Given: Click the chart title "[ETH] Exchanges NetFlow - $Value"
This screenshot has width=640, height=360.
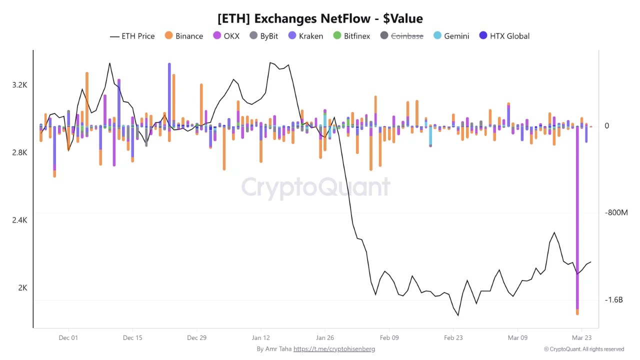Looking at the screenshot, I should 320,18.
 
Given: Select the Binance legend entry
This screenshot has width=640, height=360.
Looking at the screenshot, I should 183,36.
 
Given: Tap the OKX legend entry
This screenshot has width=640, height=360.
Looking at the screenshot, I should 226,36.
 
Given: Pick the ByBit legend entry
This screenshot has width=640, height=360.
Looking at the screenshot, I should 263,36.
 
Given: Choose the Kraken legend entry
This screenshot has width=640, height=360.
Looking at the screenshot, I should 305,36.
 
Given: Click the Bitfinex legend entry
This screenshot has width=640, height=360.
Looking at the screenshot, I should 351,36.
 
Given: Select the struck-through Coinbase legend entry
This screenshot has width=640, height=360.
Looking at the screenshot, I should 401,36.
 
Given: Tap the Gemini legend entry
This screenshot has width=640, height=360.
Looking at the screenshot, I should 451,36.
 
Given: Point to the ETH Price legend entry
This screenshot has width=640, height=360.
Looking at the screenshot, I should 132,36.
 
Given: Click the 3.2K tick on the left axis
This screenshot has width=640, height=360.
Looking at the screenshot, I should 19,85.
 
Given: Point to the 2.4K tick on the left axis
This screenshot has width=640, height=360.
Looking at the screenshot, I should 19,220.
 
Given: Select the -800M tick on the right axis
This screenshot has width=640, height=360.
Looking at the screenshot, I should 616,212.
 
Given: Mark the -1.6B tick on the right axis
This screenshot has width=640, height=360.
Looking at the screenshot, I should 613,299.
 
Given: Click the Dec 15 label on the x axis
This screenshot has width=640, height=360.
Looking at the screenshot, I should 132,337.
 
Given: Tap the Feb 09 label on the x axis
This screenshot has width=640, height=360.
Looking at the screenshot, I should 389,337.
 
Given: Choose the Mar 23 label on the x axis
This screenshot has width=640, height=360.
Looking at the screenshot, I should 581,337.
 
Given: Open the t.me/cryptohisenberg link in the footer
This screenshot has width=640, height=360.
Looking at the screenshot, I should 334,349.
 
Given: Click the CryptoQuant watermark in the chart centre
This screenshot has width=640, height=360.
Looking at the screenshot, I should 315,187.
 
